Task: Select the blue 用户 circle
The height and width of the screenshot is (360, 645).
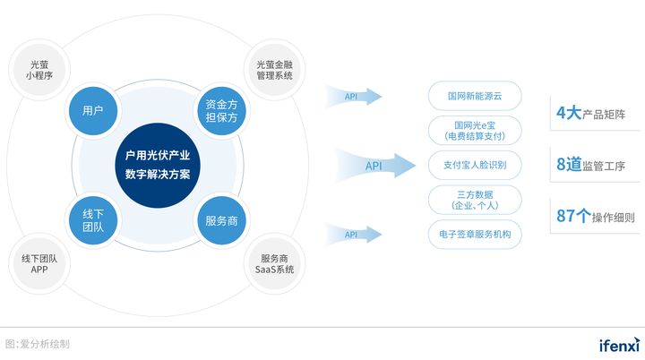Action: (x=92, y=111)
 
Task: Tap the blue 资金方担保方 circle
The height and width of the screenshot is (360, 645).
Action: (x=221, y=111)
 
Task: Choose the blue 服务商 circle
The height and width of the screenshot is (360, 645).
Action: (x=221, y=219)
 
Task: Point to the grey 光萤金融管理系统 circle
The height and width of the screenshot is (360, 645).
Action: (x=274, y=70)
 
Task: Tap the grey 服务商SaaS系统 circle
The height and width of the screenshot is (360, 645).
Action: (x=274, y=264)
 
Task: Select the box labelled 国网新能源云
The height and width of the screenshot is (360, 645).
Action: (x=475, y=95)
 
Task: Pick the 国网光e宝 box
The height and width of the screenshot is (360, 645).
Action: (x=475, y=130)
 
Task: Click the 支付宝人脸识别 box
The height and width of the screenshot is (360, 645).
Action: (x=475, y=165)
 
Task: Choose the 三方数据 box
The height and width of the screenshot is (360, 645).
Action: (x=475, y=200)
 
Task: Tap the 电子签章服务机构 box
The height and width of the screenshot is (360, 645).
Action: (x=475, y=235)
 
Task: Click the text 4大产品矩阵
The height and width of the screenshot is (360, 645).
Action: (x=589, y=114)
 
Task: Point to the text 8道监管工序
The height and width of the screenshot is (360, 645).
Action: (x=589, y=165)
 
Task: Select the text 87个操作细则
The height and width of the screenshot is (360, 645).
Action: (x=589, y=217)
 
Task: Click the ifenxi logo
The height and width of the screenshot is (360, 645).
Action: (x=617, y=344)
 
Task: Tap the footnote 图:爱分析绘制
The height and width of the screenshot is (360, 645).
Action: (x=38, y=344)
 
